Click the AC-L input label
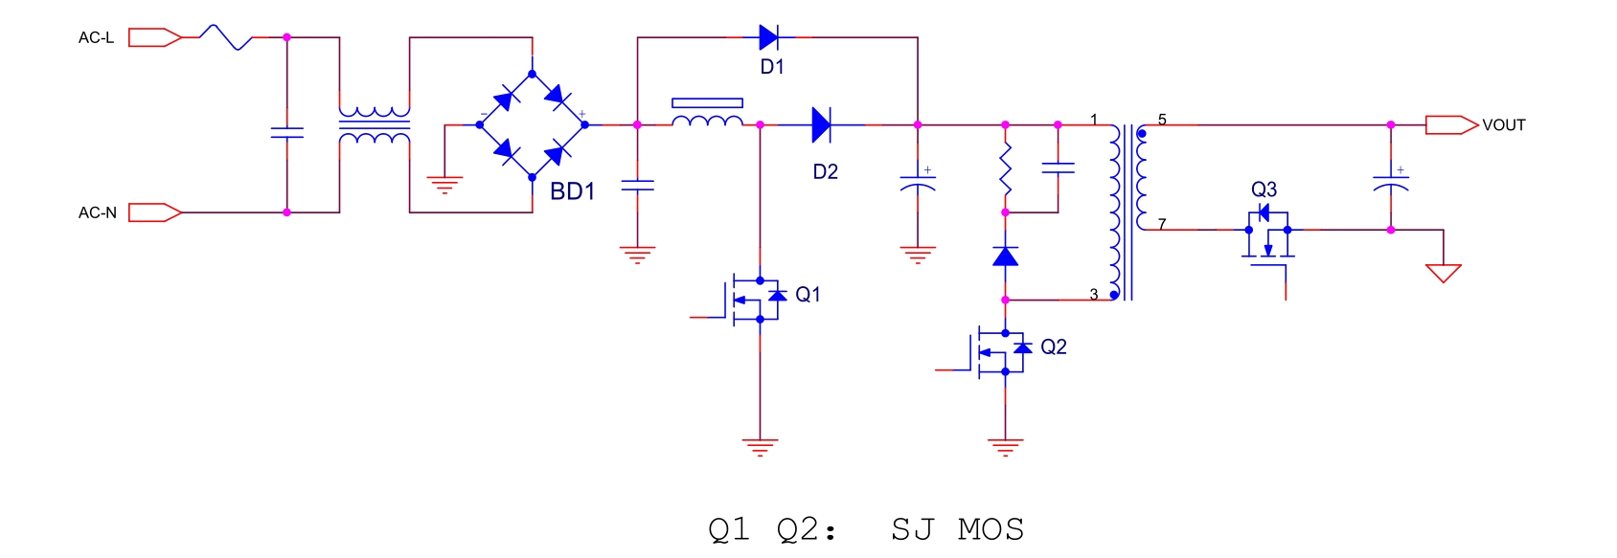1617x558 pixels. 96,38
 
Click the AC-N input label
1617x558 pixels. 97,212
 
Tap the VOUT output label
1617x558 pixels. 1503,125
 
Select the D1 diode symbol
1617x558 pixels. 768,37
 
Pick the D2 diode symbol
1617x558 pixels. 821,124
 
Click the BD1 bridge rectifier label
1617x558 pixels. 572,191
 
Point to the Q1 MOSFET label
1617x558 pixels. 808,295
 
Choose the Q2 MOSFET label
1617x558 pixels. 1053,347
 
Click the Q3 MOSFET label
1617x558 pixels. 1264,190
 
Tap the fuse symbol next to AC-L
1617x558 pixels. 225,37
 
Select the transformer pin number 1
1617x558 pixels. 1093,120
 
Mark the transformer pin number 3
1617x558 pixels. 1093,295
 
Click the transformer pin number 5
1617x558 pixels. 1162,120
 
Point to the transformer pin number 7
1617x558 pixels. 1162,224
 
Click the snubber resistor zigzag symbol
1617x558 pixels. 1005,168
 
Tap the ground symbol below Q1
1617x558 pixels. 760,447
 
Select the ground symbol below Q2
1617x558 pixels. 1005,447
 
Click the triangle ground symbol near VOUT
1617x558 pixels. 1443,273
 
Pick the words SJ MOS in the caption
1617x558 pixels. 957,529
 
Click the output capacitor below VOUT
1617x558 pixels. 1390,181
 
